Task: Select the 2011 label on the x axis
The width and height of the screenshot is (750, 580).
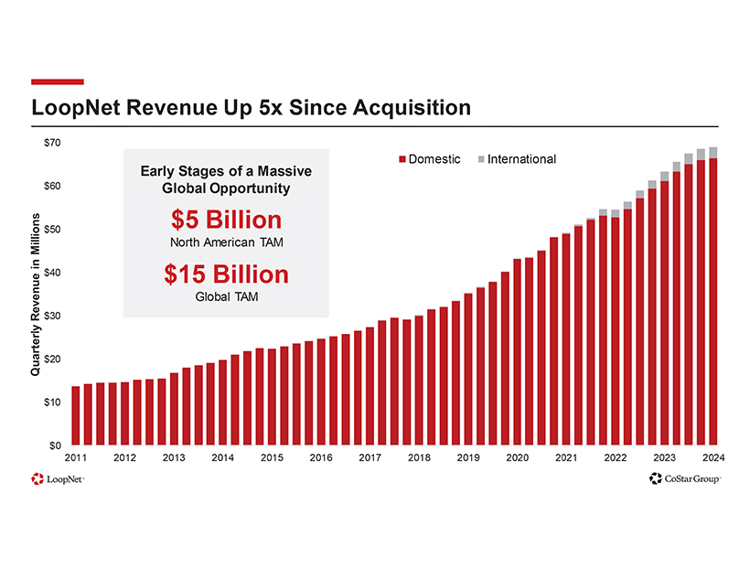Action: tap(76, 457)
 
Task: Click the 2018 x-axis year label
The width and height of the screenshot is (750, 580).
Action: tap(419, 457)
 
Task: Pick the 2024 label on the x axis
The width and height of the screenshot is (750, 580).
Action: tap(713, 457)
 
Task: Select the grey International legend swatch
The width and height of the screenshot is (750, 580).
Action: tap(481, 160)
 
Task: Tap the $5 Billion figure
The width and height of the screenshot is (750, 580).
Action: tap(226, 220)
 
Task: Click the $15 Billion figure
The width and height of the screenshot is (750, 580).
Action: tap(226, 274)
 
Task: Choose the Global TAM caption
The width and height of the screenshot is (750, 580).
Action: tap(226, 295)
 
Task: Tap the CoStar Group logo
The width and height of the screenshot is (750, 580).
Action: tap(684, 478)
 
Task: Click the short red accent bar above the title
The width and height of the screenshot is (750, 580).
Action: tap(58, 81)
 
